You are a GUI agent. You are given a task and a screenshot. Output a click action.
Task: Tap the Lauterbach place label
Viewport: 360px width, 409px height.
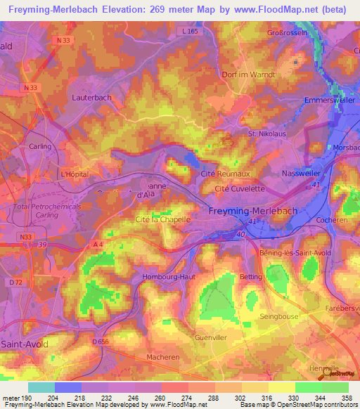[x=91, y=98]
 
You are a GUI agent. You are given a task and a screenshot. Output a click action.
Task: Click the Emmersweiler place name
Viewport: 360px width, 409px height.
[x=327, y=100]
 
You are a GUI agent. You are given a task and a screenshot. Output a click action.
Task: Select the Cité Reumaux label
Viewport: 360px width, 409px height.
[x=226, y=172]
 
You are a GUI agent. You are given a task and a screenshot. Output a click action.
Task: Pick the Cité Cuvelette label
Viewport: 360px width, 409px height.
[x=239, y=188]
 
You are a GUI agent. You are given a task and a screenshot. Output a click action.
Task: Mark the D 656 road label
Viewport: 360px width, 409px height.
[x=103, y=341]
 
